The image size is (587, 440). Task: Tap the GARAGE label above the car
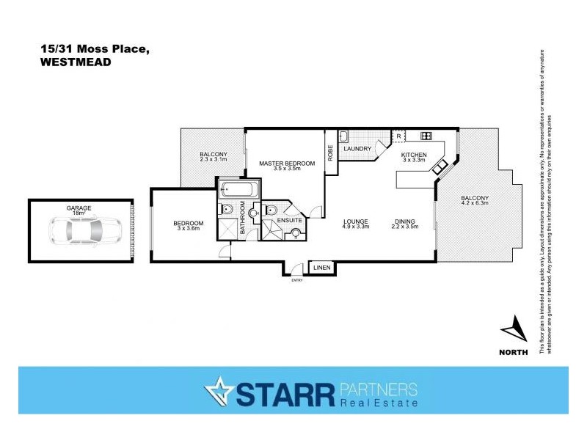coord(79,208)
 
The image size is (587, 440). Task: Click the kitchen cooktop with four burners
coord(425,136)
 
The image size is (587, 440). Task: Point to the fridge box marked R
coord(398,136)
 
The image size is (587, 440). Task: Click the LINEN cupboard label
coord(321,269)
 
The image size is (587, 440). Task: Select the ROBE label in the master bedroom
coord(331,152)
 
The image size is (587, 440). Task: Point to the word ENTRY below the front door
coord(297,280)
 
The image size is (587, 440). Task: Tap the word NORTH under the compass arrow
coord(513,353)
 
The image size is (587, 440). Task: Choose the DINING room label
coord(404,221)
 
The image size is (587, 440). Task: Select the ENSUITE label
coord(288,220)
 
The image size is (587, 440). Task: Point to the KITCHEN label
coord(413,155)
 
